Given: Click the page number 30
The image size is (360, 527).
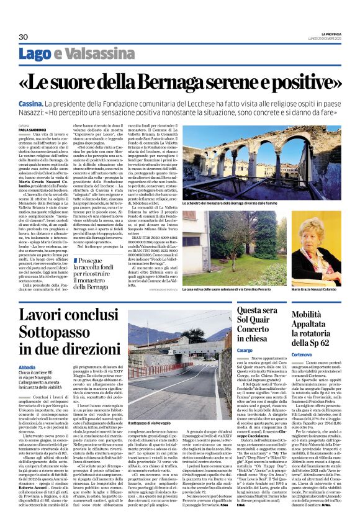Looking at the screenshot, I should pos(23,37).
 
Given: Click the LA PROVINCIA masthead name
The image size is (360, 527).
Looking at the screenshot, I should pos(328,32).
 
